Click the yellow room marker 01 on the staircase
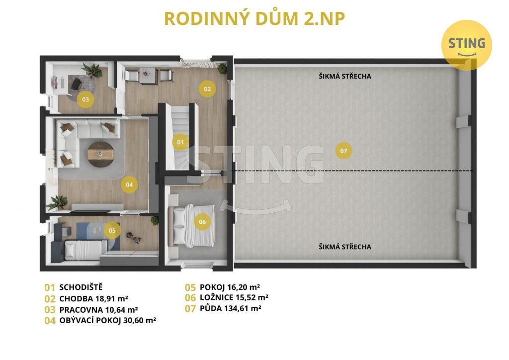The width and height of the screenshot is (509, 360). (x=180, y=142)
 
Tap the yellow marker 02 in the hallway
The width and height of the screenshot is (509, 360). (x=207, y=89)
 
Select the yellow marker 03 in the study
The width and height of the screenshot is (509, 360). (x=85, y=99)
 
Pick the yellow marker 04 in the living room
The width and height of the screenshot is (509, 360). (x=129, y=184)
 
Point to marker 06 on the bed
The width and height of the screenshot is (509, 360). (x=202, y=222)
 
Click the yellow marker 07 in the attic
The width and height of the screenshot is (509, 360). (x=343, y=151)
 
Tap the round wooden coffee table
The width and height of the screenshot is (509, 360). (x=100, y=154)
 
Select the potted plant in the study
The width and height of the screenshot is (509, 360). (x=92, y=70)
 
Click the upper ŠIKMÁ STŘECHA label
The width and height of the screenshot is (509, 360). (x=345, y=76)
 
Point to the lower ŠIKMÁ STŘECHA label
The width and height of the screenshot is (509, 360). (x=345, y=247)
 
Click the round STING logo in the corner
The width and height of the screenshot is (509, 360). (x=467, y=45)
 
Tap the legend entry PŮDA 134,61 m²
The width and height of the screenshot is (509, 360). (x=231, y=308)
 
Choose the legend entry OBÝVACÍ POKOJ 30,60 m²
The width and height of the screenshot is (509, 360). (x=108, y=320)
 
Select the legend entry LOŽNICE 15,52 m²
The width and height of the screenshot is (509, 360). (x=234, y=298)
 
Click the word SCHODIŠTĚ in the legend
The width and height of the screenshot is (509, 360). (x=81, y=287)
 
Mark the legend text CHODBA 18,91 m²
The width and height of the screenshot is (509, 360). (x=93, y=299)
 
